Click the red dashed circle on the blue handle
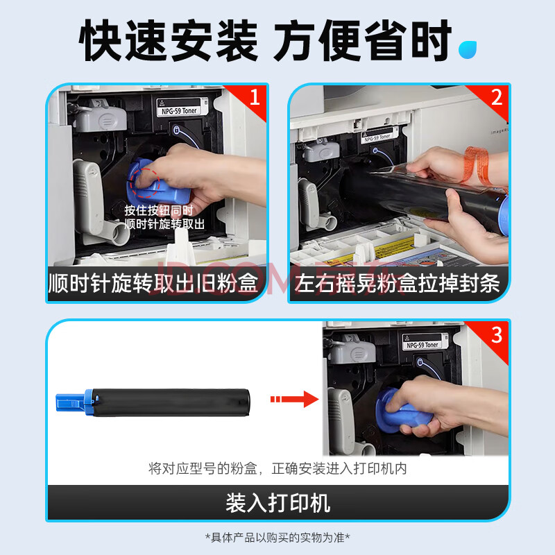145,182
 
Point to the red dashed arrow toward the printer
294,400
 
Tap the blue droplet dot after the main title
467,50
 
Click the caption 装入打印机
278,503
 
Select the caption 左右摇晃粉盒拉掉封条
397,283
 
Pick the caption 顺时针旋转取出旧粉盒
153,283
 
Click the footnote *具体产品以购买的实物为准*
277,538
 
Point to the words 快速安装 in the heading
169,40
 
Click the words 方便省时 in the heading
363,40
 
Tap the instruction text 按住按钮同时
159,210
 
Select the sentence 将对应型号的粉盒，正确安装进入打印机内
277,469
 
